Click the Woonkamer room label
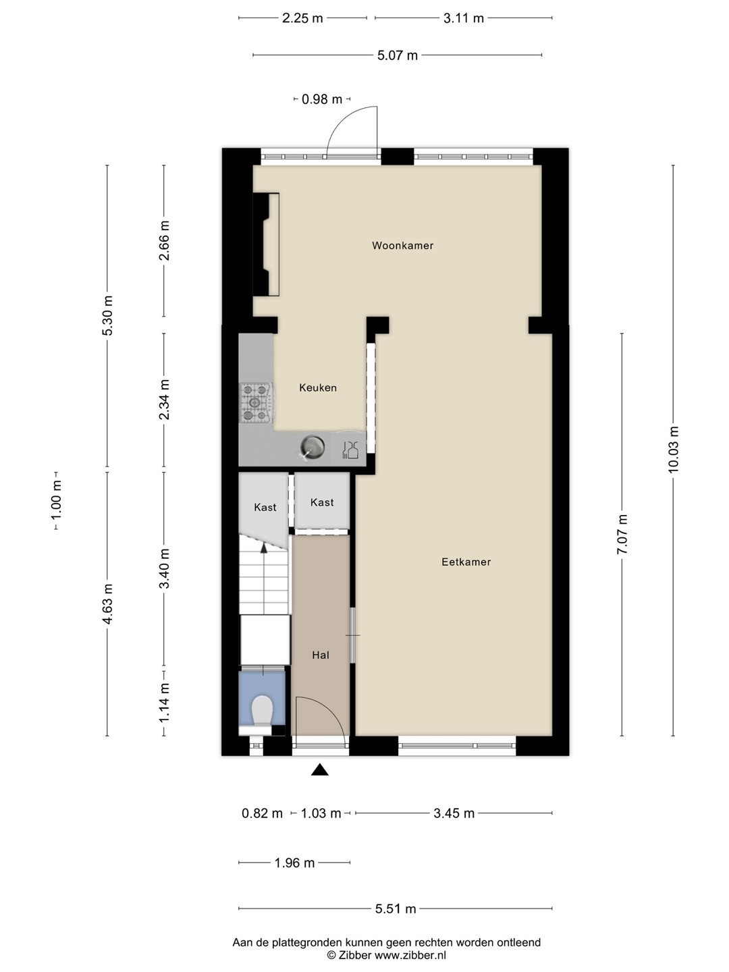(402, 246)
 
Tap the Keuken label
(318, 388)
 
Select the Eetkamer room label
(466, 562)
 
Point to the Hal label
(321, 655)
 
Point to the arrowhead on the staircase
(264, 548)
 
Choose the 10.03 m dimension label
(673, 450)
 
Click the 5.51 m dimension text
(396, 909)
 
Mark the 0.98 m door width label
(322, 99)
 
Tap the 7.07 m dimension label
(622, 534)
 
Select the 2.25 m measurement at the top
(303, 18)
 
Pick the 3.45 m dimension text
(454, 813)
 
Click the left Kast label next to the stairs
(265, 508)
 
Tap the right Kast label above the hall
(322, 502)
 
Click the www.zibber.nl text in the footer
(410, 955)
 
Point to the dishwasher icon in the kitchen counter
(350, 449)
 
